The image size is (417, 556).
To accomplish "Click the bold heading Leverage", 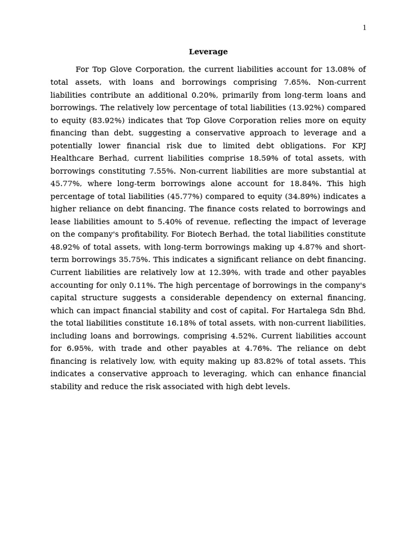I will point(208,52).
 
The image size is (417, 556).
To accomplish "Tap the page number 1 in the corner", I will point(364,28).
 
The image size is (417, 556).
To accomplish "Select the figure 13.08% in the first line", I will point(339,69).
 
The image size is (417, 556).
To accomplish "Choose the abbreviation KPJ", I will point(358,146).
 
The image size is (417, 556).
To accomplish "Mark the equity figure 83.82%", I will point(268,361).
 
